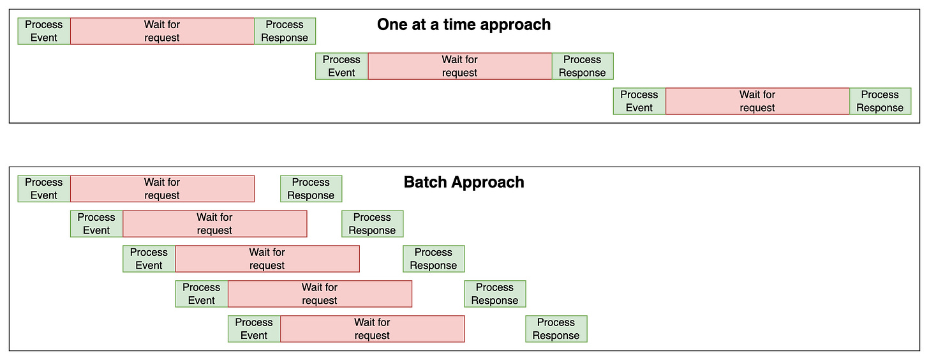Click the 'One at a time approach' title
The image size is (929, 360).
[x=463, y=25]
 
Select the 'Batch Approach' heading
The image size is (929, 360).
[x=464, y=182]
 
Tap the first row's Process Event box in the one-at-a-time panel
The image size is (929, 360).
[x=44, y=31]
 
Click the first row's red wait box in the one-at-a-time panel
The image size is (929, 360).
[x=162, y=31]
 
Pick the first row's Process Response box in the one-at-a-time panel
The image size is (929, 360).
[x=285, y=31]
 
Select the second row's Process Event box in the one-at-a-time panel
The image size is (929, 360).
[x=341, y=66]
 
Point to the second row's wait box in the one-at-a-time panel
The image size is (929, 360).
[x=460, y=66]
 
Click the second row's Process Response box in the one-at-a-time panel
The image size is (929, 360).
[x=582, y=66]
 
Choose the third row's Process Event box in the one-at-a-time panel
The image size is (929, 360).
[x=639, y=101]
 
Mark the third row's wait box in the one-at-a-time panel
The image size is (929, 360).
[x=757, y=101]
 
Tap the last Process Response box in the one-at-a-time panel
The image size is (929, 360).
[x=880, y=101]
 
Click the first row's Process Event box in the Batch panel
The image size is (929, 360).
[x=44, y=189]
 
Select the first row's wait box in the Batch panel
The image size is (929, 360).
[x=162, y=189]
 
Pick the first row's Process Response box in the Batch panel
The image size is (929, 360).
[x=311, y=189]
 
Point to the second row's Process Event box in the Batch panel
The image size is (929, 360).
[x=96, y=224]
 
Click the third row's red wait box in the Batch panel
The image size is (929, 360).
[x=267, y=259]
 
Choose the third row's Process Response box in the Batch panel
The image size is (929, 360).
[x=433, y=259]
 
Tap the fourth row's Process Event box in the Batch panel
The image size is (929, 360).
[x=202, y=294]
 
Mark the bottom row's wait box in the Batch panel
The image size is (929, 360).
[x=372, y=329]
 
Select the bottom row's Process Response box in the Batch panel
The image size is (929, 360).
[x=556, y=329]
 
